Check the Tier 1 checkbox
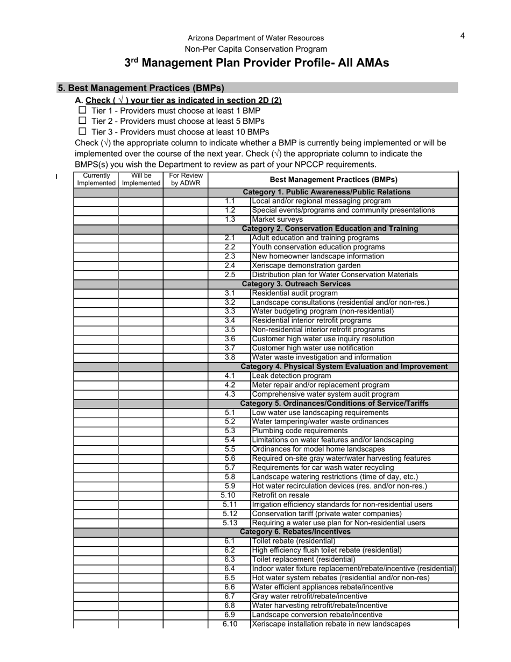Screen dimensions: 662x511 82,110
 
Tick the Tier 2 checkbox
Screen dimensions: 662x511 82,121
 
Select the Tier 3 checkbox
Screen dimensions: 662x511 82,131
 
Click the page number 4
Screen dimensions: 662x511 463,36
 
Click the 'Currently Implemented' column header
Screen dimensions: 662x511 96,179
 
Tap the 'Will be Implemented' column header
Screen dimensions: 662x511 141,179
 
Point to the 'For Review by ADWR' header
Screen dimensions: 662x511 186,179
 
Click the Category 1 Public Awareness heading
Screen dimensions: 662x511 327,192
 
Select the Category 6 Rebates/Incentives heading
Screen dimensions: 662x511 295,532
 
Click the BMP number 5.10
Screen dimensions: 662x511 228,495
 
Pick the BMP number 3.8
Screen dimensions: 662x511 230,357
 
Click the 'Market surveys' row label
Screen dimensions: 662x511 277,220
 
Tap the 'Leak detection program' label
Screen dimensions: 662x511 291,376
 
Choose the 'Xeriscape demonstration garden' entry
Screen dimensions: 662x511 306,265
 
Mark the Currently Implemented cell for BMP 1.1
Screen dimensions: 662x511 96,201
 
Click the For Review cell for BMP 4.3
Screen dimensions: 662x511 186,395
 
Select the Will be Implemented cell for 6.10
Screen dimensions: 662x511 141,624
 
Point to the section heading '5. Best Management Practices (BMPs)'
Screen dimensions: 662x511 141,88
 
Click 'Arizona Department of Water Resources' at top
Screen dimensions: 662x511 256,38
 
